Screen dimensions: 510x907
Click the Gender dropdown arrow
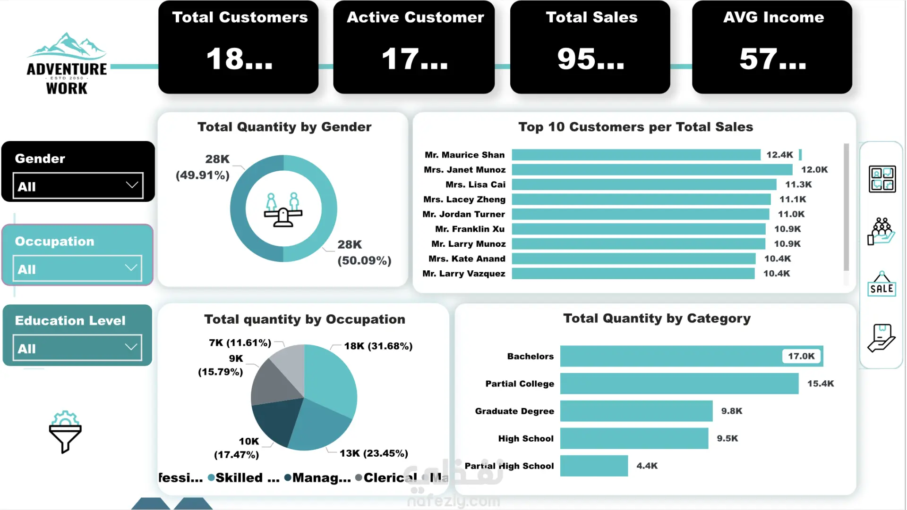pos(132,185)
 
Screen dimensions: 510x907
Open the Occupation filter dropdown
pos(77,268)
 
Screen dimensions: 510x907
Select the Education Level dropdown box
pos(77,348)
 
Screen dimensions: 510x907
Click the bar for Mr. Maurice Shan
pos(636,155)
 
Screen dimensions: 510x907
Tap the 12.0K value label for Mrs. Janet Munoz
pos(814,169)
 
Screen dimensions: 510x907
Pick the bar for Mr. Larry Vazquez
pos(633,274)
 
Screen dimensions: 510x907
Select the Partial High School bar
pos(594,466)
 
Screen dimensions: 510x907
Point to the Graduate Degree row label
pos(514,411)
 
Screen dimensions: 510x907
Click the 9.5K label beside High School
pos(727,438)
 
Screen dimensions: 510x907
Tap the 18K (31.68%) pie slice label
pos(378,346)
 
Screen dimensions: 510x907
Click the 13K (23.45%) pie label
pos(374,453)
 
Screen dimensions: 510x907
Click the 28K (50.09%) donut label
pos(364,252)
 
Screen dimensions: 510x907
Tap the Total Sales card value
pos(590,59)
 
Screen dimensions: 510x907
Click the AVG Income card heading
pos(773,17)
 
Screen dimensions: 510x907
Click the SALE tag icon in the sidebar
pos(881,284)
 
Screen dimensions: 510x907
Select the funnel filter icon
pos(65,432)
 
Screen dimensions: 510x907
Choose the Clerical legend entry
pos(386,477)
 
